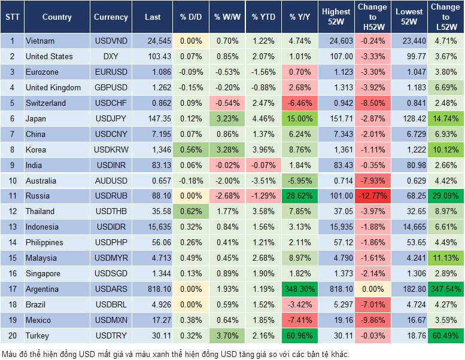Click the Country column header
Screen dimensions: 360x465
click(57, 17)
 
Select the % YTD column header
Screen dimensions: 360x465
click(263, 17)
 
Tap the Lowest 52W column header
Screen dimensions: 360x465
click(410, 17)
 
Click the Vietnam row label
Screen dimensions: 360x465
click(40, 41)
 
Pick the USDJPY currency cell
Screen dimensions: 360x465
click(111, 119)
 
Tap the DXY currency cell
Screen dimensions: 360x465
click(111, 57)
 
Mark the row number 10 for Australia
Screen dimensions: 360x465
click(12, 181)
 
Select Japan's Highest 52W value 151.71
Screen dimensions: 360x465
click(336, 119)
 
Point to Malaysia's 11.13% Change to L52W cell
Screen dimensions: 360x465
click(445, 258)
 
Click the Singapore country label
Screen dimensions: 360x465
click(42, 274)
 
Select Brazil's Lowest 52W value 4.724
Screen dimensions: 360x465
click(410, 305)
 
